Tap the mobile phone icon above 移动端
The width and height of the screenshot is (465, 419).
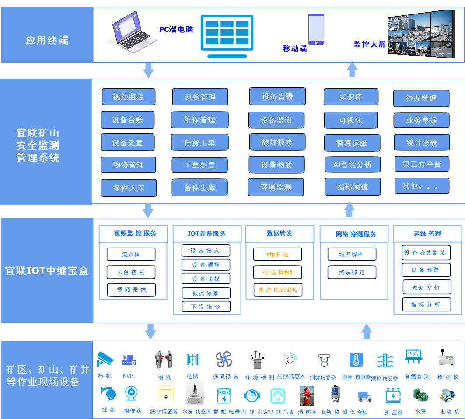[x=316, y=29]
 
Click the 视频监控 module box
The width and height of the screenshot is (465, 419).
[x=128, y=97]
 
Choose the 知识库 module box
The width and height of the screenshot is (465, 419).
[x=351, y=97]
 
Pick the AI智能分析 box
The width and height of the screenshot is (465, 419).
[x=353, y=164]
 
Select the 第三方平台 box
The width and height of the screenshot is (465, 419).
[x=422, y=164]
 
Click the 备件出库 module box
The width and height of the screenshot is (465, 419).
[x=199, y=188]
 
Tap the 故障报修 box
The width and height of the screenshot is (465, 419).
[x=277, y=142]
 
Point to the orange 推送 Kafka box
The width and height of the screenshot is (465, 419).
[x=277, y=272]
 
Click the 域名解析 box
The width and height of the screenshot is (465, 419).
[x=351, y=254]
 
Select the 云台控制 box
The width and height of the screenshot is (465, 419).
[x=131, y=272]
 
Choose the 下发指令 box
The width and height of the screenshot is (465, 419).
[x=206, y=307]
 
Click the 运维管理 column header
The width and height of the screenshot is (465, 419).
[x=427, y=234]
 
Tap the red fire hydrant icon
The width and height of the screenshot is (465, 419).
[x=306, y=395]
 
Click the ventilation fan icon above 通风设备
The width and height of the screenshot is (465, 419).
[x=224, y=360]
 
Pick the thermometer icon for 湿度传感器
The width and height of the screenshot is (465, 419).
[x=356, y=360]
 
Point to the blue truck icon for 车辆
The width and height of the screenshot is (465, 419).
[x=364, y=396]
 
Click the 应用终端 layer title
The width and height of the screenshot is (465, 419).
[x=47, y=41]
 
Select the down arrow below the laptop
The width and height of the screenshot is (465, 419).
[x=149, y=70]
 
